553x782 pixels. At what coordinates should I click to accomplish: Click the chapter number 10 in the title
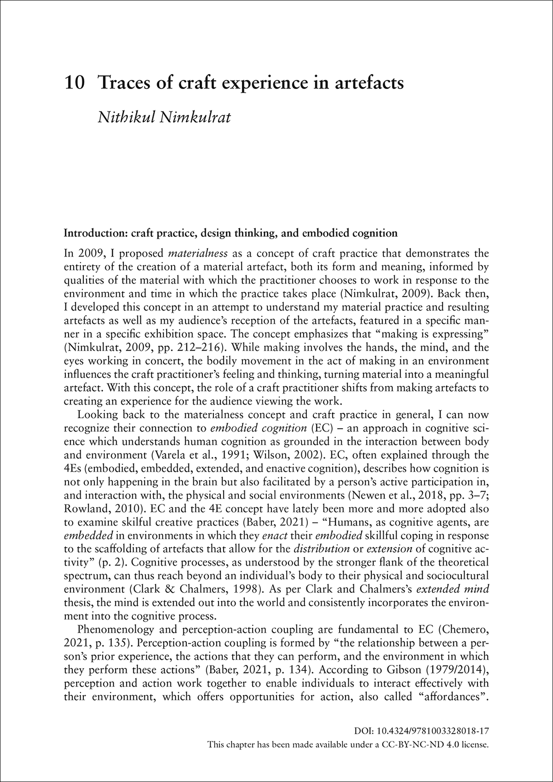(74, 83)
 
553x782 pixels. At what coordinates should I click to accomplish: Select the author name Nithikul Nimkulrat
(164, 116)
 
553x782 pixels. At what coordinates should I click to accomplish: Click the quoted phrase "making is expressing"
(425, 320)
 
